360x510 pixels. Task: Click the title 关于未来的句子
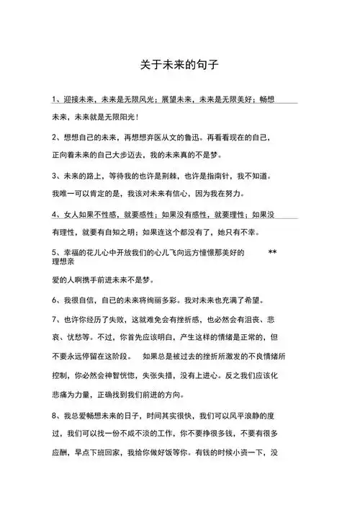pyautogui.click(x=179, y=64)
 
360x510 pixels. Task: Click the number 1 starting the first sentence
pyautogui.click(x=55, y=99)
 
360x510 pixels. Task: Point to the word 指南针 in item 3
pyautogui.click(x=237, y=175)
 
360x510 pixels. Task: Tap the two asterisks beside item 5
pyautogui.click(x=272, y=253)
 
